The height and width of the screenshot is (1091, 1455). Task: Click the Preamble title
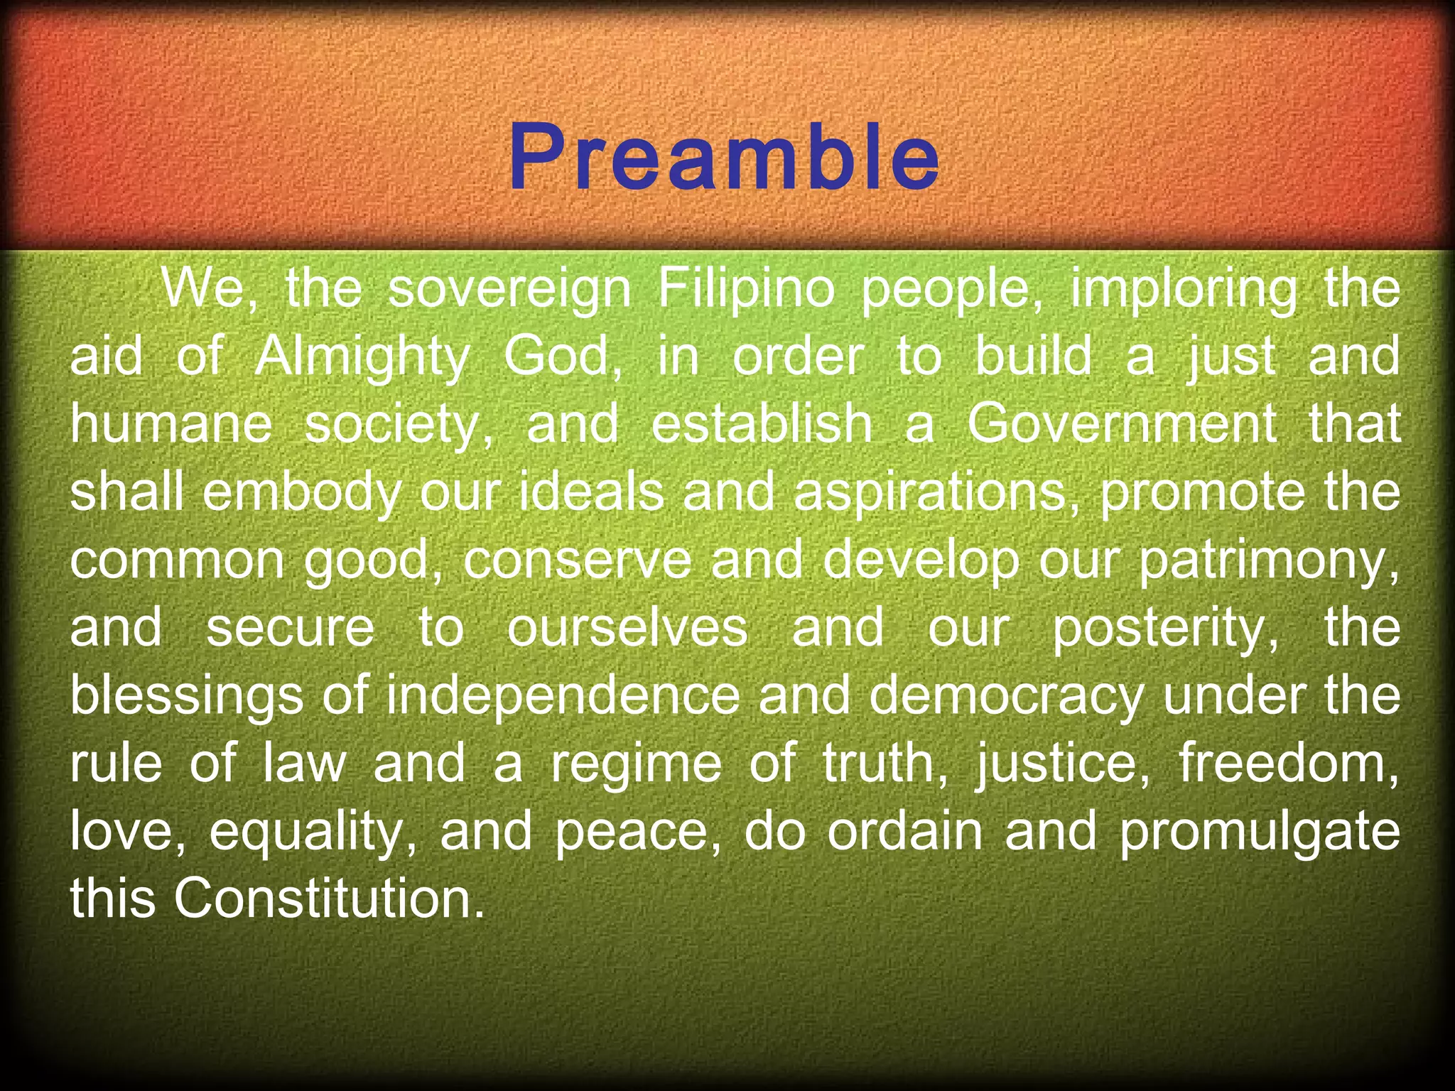725,158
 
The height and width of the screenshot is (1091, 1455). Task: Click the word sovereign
509,289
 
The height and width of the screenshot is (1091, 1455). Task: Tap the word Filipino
745,289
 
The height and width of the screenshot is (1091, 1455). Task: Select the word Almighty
362,357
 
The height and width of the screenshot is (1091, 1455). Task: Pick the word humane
171,424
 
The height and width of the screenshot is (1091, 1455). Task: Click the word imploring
1183,289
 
